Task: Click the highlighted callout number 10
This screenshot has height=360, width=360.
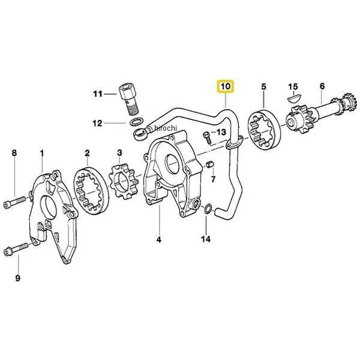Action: [x=226, y=86]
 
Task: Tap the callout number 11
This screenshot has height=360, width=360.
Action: [x=98, y=94]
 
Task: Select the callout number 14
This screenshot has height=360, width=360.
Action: [x=206, y=239]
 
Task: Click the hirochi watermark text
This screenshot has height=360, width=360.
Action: [x=166, y=128]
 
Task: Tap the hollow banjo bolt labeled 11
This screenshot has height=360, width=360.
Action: [x=129, y=99]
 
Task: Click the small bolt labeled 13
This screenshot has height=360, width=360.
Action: [x=207, y=138]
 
